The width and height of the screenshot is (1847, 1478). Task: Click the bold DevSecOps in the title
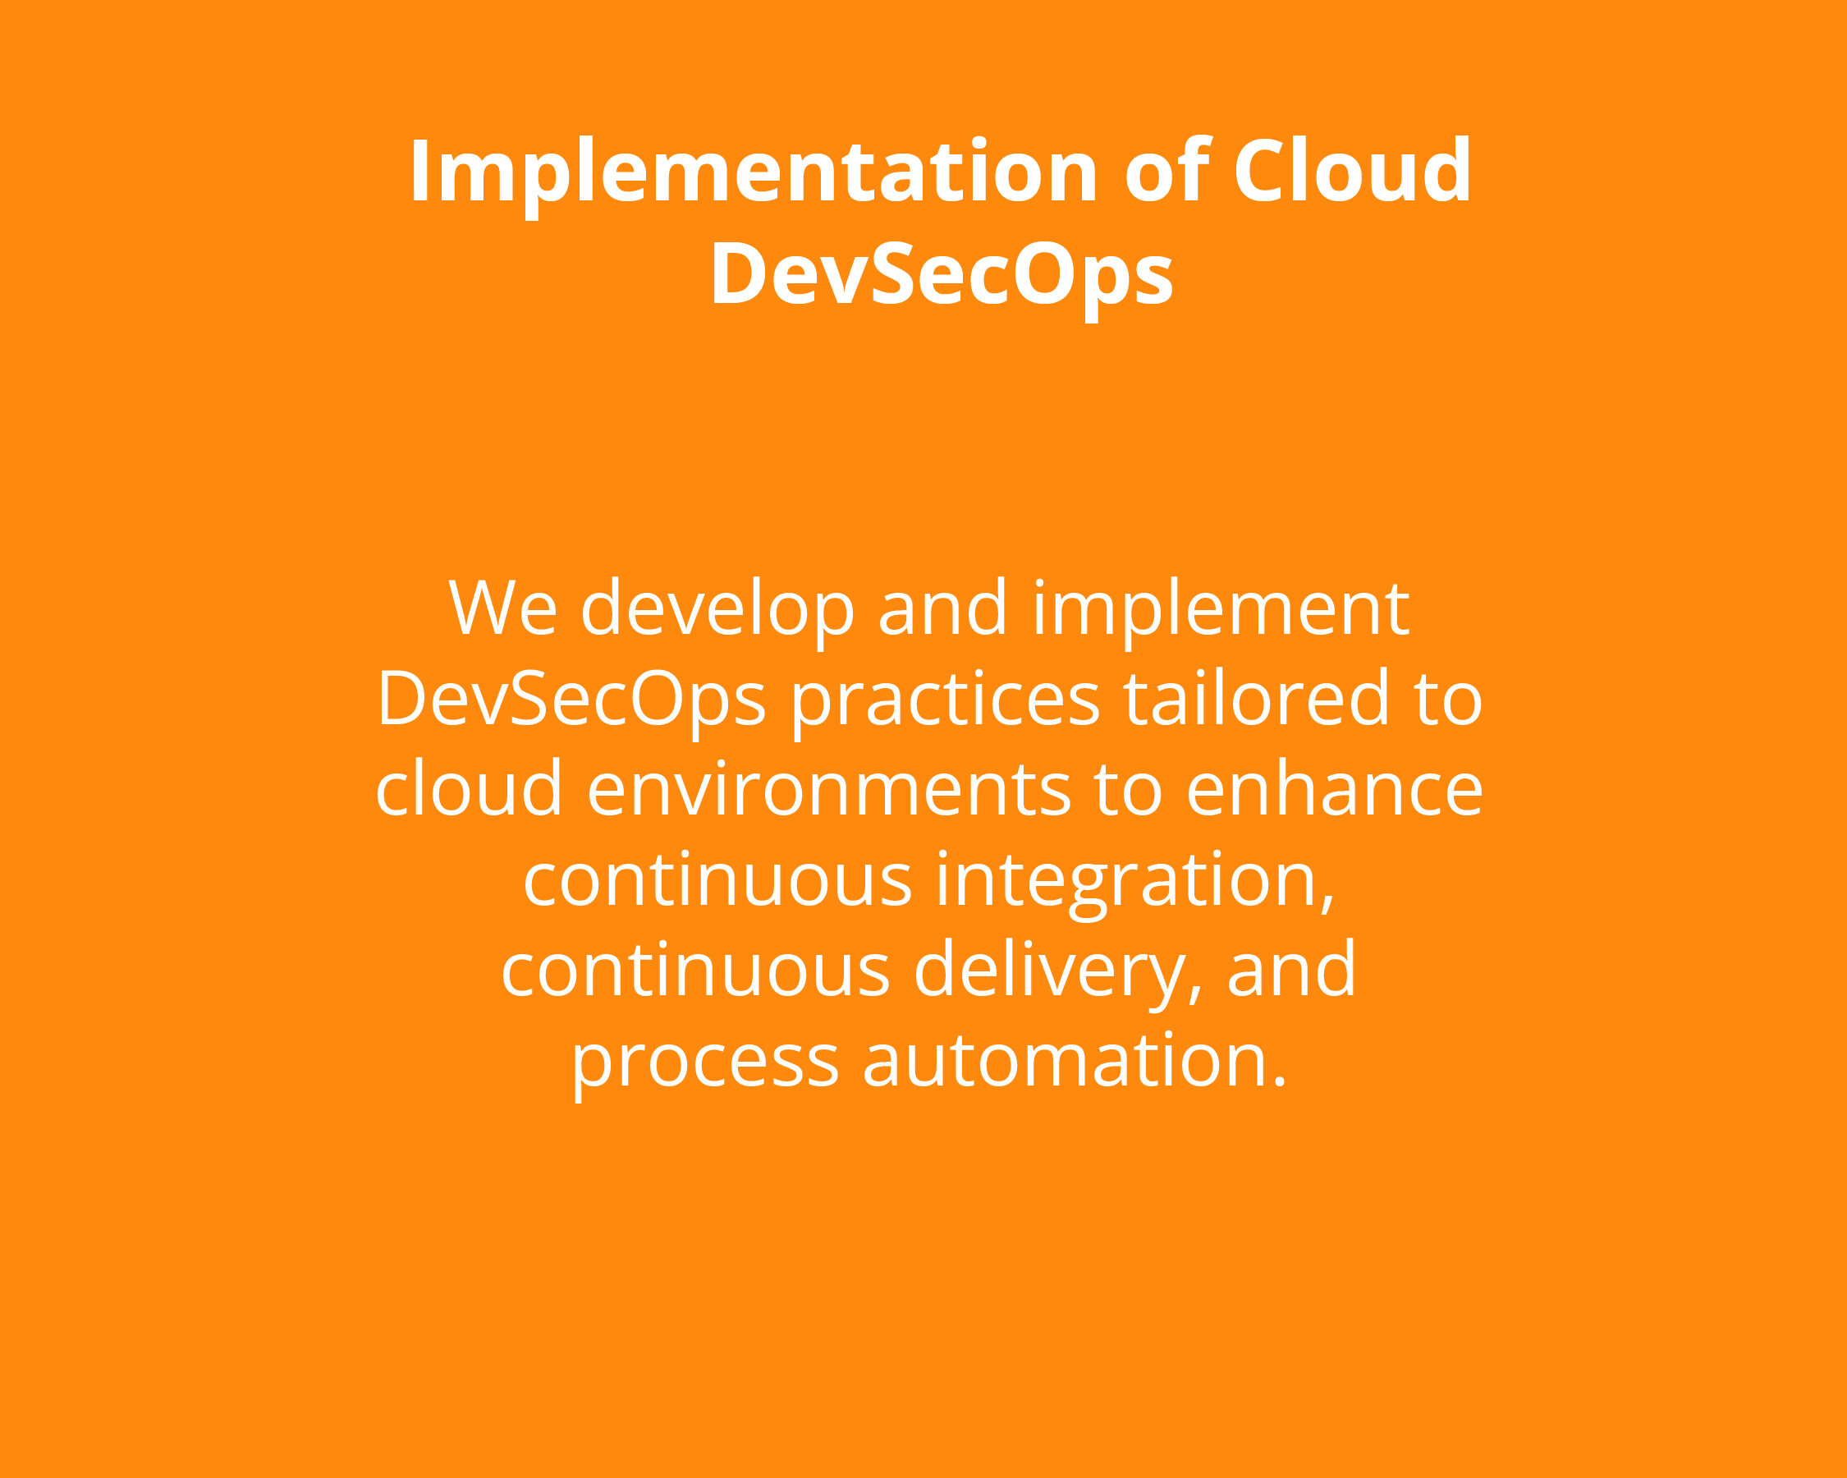pyautogui.click(x=942, y=274)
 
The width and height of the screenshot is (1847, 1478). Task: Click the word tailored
pyautogui.click(x=1256, y=697)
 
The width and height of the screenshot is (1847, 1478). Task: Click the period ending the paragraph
pyautogui.click(x=1280, y=1081)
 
